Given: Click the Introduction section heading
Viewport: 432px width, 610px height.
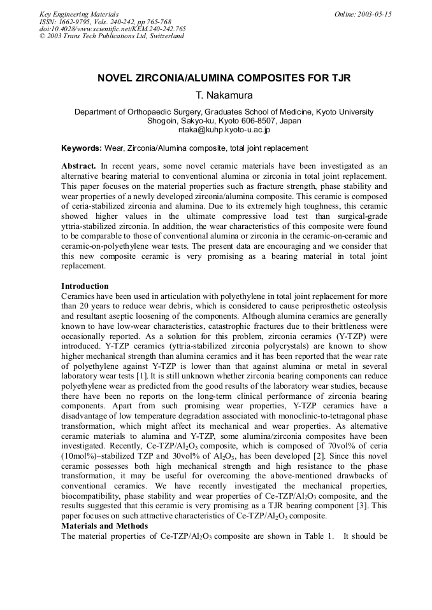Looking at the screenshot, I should point(85,286).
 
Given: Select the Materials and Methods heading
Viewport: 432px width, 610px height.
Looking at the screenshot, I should point(104,526).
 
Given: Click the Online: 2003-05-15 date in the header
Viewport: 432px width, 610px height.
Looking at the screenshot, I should point(363,14).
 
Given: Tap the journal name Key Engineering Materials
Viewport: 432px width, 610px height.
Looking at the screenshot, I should point(78,14).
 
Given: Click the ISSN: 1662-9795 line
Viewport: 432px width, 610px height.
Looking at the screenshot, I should point(66,21).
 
